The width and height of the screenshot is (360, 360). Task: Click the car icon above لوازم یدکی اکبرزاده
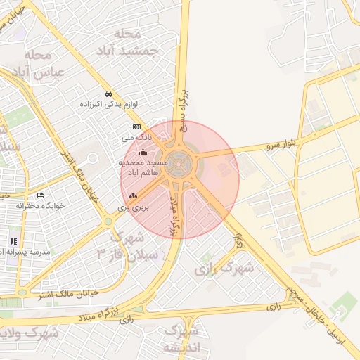click(x=108, y=94)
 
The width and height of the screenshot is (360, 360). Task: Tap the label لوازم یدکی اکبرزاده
click(x=108, y=105)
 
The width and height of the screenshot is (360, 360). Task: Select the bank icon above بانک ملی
click(x=136, y=127)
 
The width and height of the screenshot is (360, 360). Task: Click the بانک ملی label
click(x=137, y=138)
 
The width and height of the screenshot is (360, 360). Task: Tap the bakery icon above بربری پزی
click(x=134, y=196)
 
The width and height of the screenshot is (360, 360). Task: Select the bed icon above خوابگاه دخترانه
click(x=40, y=195)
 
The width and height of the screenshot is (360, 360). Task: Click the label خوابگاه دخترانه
click(x=40, y=206)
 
